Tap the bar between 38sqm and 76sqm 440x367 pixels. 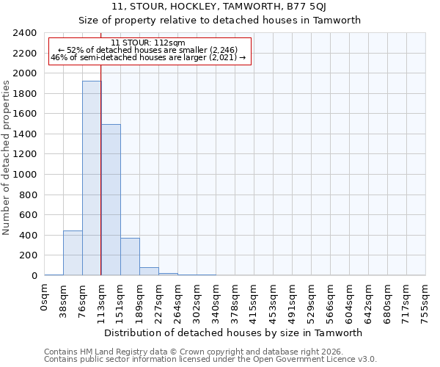click(73, 253)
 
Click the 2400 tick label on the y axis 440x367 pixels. click(25, 34)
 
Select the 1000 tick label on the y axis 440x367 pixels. click(25, 175)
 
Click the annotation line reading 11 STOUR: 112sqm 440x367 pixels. click(149, 43)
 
